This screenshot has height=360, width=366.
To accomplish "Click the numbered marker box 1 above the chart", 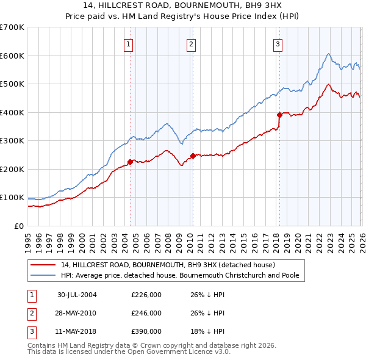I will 129,43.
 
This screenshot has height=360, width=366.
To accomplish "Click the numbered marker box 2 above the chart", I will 192,43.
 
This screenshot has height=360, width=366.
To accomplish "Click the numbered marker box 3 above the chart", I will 278,43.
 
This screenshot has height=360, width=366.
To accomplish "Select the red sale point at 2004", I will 130,162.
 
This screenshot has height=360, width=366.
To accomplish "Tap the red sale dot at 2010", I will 193,156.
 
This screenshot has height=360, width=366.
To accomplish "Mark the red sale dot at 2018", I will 279,115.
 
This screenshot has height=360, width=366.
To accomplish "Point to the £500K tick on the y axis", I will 12,84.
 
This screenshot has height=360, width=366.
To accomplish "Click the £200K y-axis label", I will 12,169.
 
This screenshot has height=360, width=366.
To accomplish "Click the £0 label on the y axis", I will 18,226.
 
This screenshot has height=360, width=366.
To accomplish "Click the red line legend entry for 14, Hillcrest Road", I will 168,265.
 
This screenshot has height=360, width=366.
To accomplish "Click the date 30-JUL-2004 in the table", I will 77,295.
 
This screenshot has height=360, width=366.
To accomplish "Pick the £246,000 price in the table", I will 146,313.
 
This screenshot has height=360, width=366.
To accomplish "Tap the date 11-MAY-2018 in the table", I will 77,331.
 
